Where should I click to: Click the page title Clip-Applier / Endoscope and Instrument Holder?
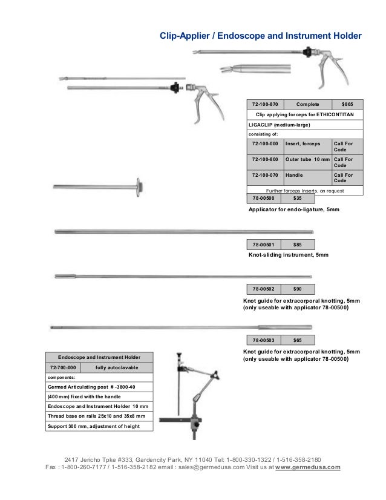point(260,36)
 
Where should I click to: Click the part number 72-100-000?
point(265,144)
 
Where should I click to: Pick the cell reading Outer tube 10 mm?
point(307,159)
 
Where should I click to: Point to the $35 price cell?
point(298,198)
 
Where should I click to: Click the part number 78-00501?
point(263,245)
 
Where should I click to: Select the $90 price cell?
point(298,289)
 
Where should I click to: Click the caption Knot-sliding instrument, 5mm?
point(289,255)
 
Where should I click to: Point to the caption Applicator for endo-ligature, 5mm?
point(294,209)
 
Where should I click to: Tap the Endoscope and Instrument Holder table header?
point(99,357)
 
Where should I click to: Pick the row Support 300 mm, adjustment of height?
point(94,426)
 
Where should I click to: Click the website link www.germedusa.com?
point(308,467)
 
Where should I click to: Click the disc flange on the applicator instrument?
point(140,186)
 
